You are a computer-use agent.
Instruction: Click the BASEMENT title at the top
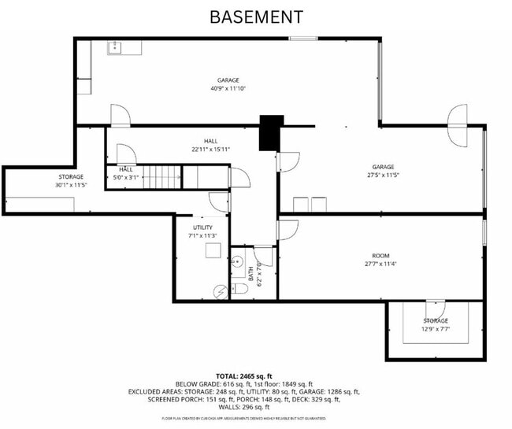256,17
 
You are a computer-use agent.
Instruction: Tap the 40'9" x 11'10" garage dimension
228,89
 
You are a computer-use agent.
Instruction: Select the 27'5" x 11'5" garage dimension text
383,176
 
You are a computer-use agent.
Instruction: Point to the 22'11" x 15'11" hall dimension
210,150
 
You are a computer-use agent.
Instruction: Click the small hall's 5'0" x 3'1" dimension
126,178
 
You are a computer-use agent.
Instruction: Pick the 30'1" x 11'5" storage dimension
71,185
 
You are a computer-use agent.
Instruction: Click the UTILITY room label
202,227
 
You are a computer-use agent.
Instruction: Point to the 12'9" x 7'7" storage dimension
435,330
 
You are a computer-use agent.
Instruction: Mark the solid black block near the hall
271,131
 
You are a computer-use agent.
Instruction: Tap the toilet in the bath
240,289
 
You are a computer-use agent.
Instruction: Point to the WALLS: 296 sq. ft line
255,407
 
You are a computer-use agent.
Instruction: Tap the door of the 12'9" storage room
436,308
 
